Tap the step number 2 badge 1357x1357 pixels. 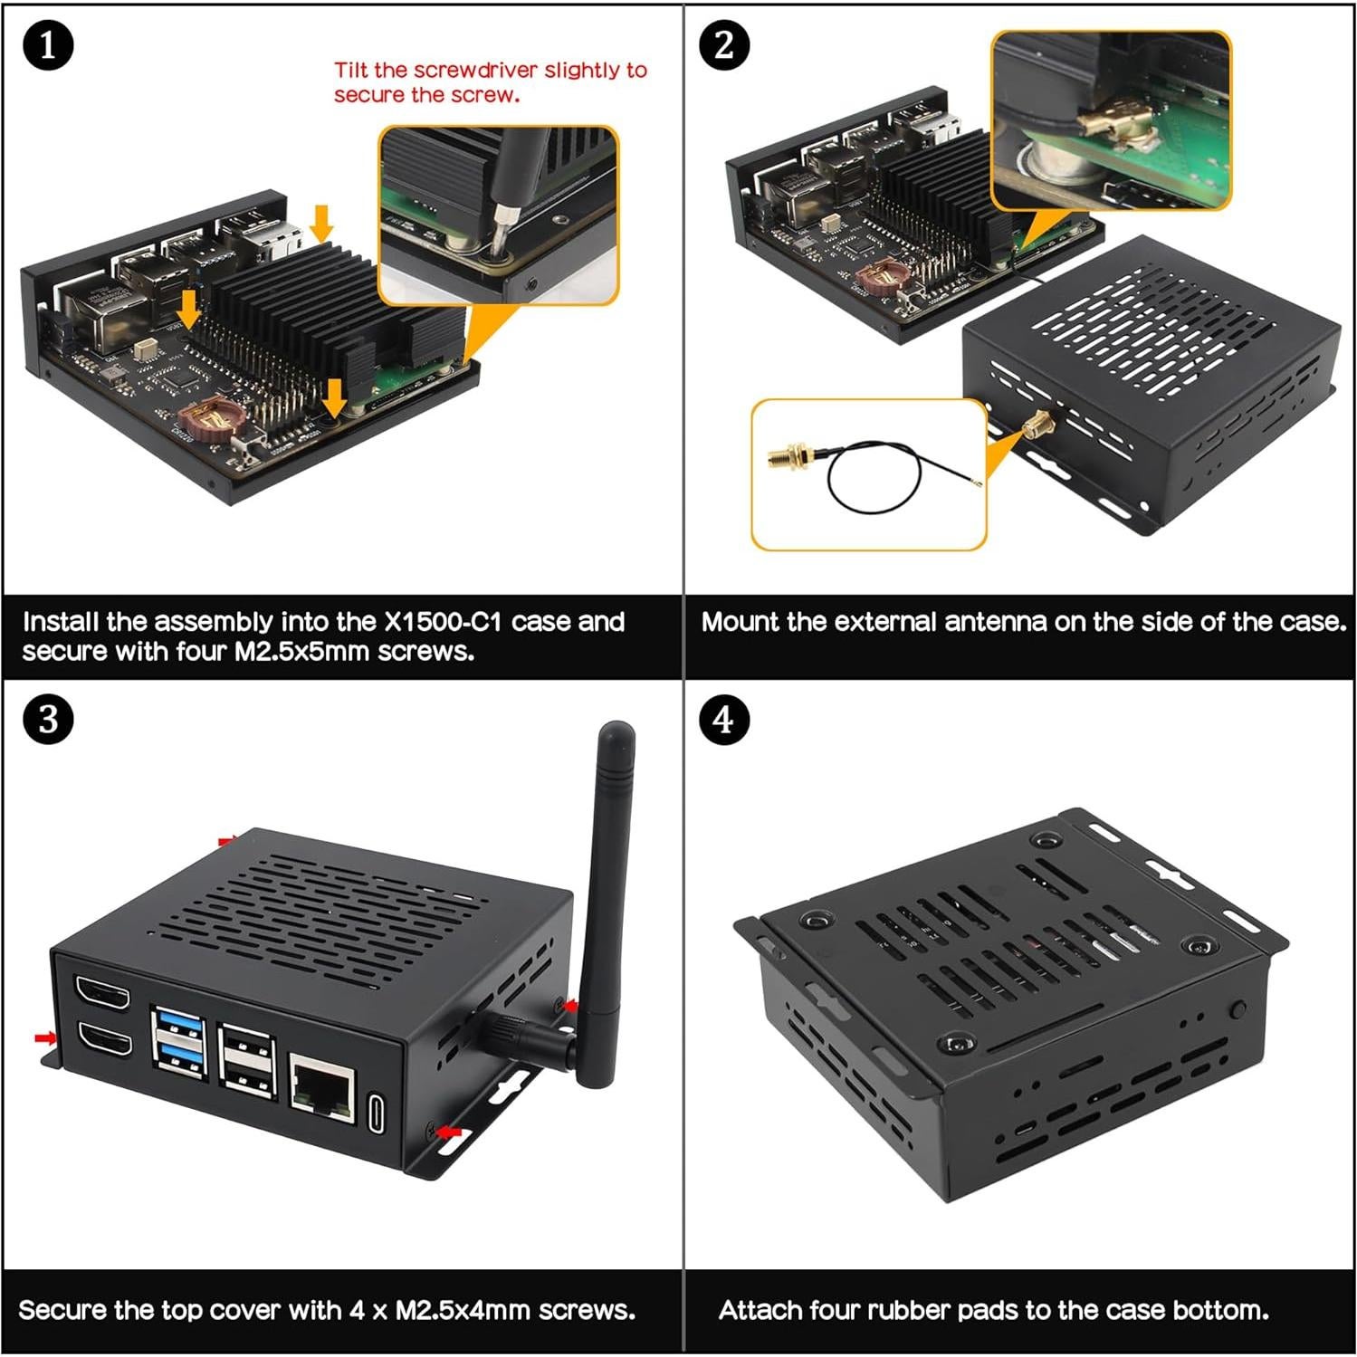tap(724, 45)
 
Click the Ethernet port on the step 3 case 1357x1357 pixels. tap(321, 1086)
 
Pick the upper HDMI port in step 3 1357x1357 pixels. tap(102, 994)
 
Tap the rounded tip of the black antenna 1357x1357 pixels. tap(616, 730)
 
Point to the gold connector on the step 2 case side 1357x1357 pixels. tap(1037, 424)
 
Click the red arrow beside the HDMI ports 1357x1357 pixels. tap(43, 1037)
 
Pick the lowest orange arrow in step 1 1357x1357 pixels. tap(334, 396)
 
